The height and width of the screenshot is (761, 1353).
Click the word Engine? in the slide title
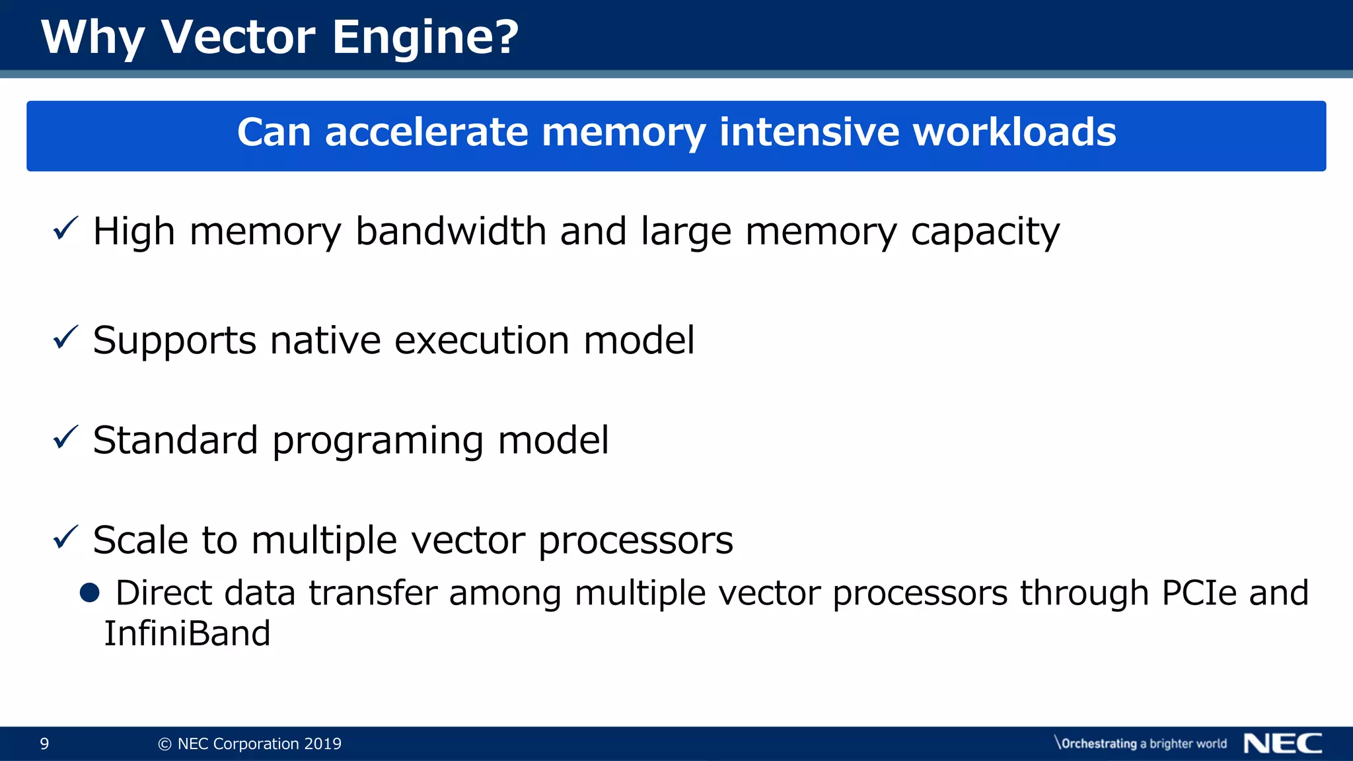(425, 37)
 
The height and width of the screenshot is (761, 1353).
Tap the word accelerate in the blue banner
(426, 132)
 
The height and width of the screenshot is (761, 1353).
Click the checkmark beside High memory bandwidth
(65, 229)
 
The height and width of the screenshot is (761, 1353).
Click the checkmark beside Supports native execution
(65, 338)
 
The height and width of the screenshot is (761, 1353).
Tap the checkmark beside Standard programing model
(65, 437)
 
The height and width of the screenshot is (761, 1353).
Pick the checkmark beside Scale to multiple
(65, 537)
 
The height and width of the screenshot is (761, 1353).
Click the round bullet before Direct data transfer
(89, 593)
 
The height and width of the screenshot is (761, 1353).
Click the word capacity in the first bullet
(985, 233)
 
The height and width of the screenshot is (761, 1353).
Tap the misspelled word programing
(378, 441)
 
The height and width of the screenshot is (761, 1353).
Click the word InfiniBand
(188, 634)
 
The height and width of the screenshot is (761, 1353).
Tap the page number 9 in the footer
(44, 744)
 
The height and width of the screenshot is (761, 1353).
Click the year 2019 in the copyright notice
(322, 744)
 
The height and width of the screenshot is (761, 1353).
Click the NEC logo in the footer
(1282, 744)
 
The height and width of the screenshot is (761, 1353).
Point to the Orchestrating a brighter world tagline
(1141, 744)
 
